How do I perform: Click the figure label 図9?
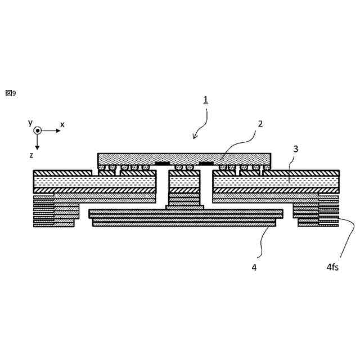coord(11,93)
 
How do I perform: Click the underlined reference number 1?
coord(206,100)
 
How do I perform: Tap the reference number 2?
coord(260,124)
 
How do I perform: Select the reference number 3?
coord(296,149)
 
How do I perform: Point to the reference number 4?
coord(254,268)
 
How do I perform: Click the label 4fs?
coord(332,268)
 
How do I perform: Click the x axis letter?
coord(62,124)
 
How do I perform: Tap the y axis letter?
coord(30,122)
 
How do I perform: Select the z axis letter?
coord(31,155)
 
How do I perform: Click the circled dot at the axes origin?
coord(37,130)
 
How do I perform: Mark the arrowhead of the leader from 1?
coord(195,137)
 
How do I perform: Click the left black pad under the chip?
coord(163,164)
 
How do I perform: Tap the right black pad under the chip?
coord(206,164)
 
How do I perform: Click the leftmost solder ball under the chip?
coord(102,167)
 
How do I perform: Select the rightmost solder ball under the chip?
coord(265,167)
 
